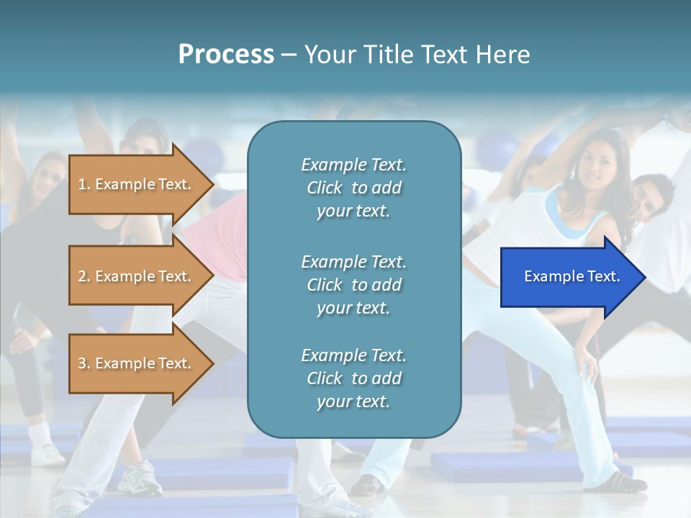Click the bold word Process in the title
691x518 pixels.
226,55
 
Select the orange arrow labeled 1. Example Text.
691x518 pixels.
137,184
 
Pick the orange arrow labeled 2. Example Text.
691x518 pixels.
137,276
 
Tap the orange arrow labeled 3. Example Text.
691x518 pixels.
137,363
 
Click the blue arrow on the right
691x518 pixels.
569,277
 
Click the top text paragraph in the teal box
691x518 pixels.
353,188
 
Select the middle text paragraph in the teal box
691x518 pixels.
353,285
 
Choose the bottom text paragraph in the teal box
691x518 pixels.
353,378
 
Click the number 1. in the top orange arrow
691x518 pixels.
84,184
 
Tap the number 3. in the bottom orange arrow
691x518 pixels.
84,363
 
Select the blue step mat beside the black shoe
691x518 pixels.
504,468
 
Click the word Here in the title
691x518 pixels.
503,55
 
